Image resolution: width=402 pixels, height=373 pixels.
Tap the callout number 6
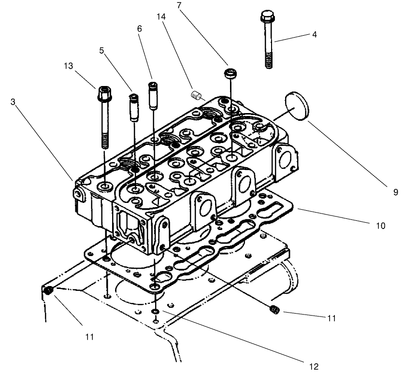(x=140, y=29)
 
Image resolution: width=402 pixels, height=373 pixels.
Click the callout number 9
(x=395, y=192)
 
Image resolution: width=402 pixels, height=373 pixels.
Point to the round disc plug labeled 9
(x=296, y=104)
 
